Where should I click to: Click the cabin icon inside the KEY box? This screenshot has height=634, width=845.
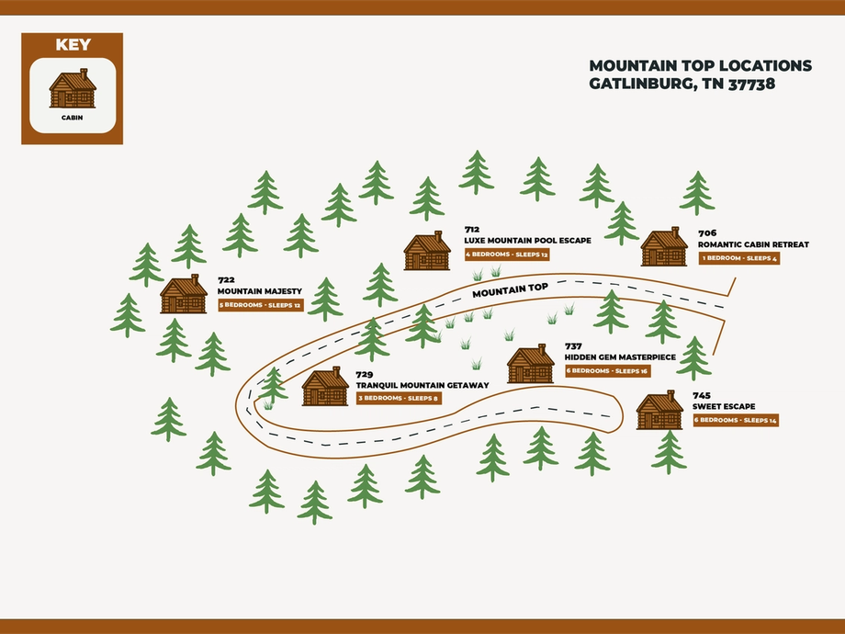[73, 88]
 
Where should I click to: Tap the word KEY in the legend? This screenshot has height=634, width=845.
[73, 45]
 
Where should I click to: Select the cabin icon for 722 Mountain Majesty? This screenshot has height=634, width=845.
[183, 294]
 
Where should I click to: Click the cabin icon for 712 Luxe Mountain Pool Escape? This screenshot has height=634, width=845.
[427, 251]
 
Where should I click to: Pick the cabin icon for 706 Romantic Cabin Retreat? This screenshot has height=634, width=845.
[664, 246]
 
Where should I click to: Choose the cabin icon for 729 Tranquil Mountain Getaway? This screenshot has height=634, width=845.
[325, 386]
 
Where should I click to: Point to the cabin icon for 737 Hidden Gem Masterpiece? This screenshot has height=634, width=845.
[530, 364]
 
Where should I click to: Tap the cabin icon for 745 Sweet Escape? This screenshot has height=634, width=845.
[659, 410]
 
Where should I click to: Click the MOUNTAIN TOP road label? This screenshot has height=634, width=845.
[511, 290]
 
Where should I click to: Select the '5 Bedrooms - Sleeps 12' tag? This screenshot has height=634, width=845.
[261, 305]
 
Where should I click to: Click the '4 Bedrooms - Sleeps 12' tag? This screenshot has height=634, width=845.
[507, 255]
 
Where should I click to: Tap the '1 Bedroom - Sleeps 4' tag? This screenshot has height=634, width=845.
[739, 258]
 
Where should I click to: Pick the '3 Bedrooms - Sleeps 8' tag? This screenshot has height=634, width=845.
[399, 399]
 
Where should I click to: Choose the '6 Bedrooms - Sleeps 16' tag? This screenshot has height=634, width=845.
[608, 371]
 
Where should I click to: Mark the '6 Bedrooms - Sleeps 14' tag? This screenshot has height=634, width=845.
[736, 420]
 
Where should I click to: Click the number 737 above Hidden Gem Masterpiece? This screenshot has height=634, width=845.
[573, 346]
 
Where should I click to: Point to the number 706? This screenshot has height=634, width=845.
[707, 233]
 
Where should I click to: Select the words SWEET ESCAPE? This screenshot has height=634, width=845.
[724, 406]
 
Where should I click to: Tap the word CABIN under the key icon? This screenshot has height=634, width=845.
[73, 118]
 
